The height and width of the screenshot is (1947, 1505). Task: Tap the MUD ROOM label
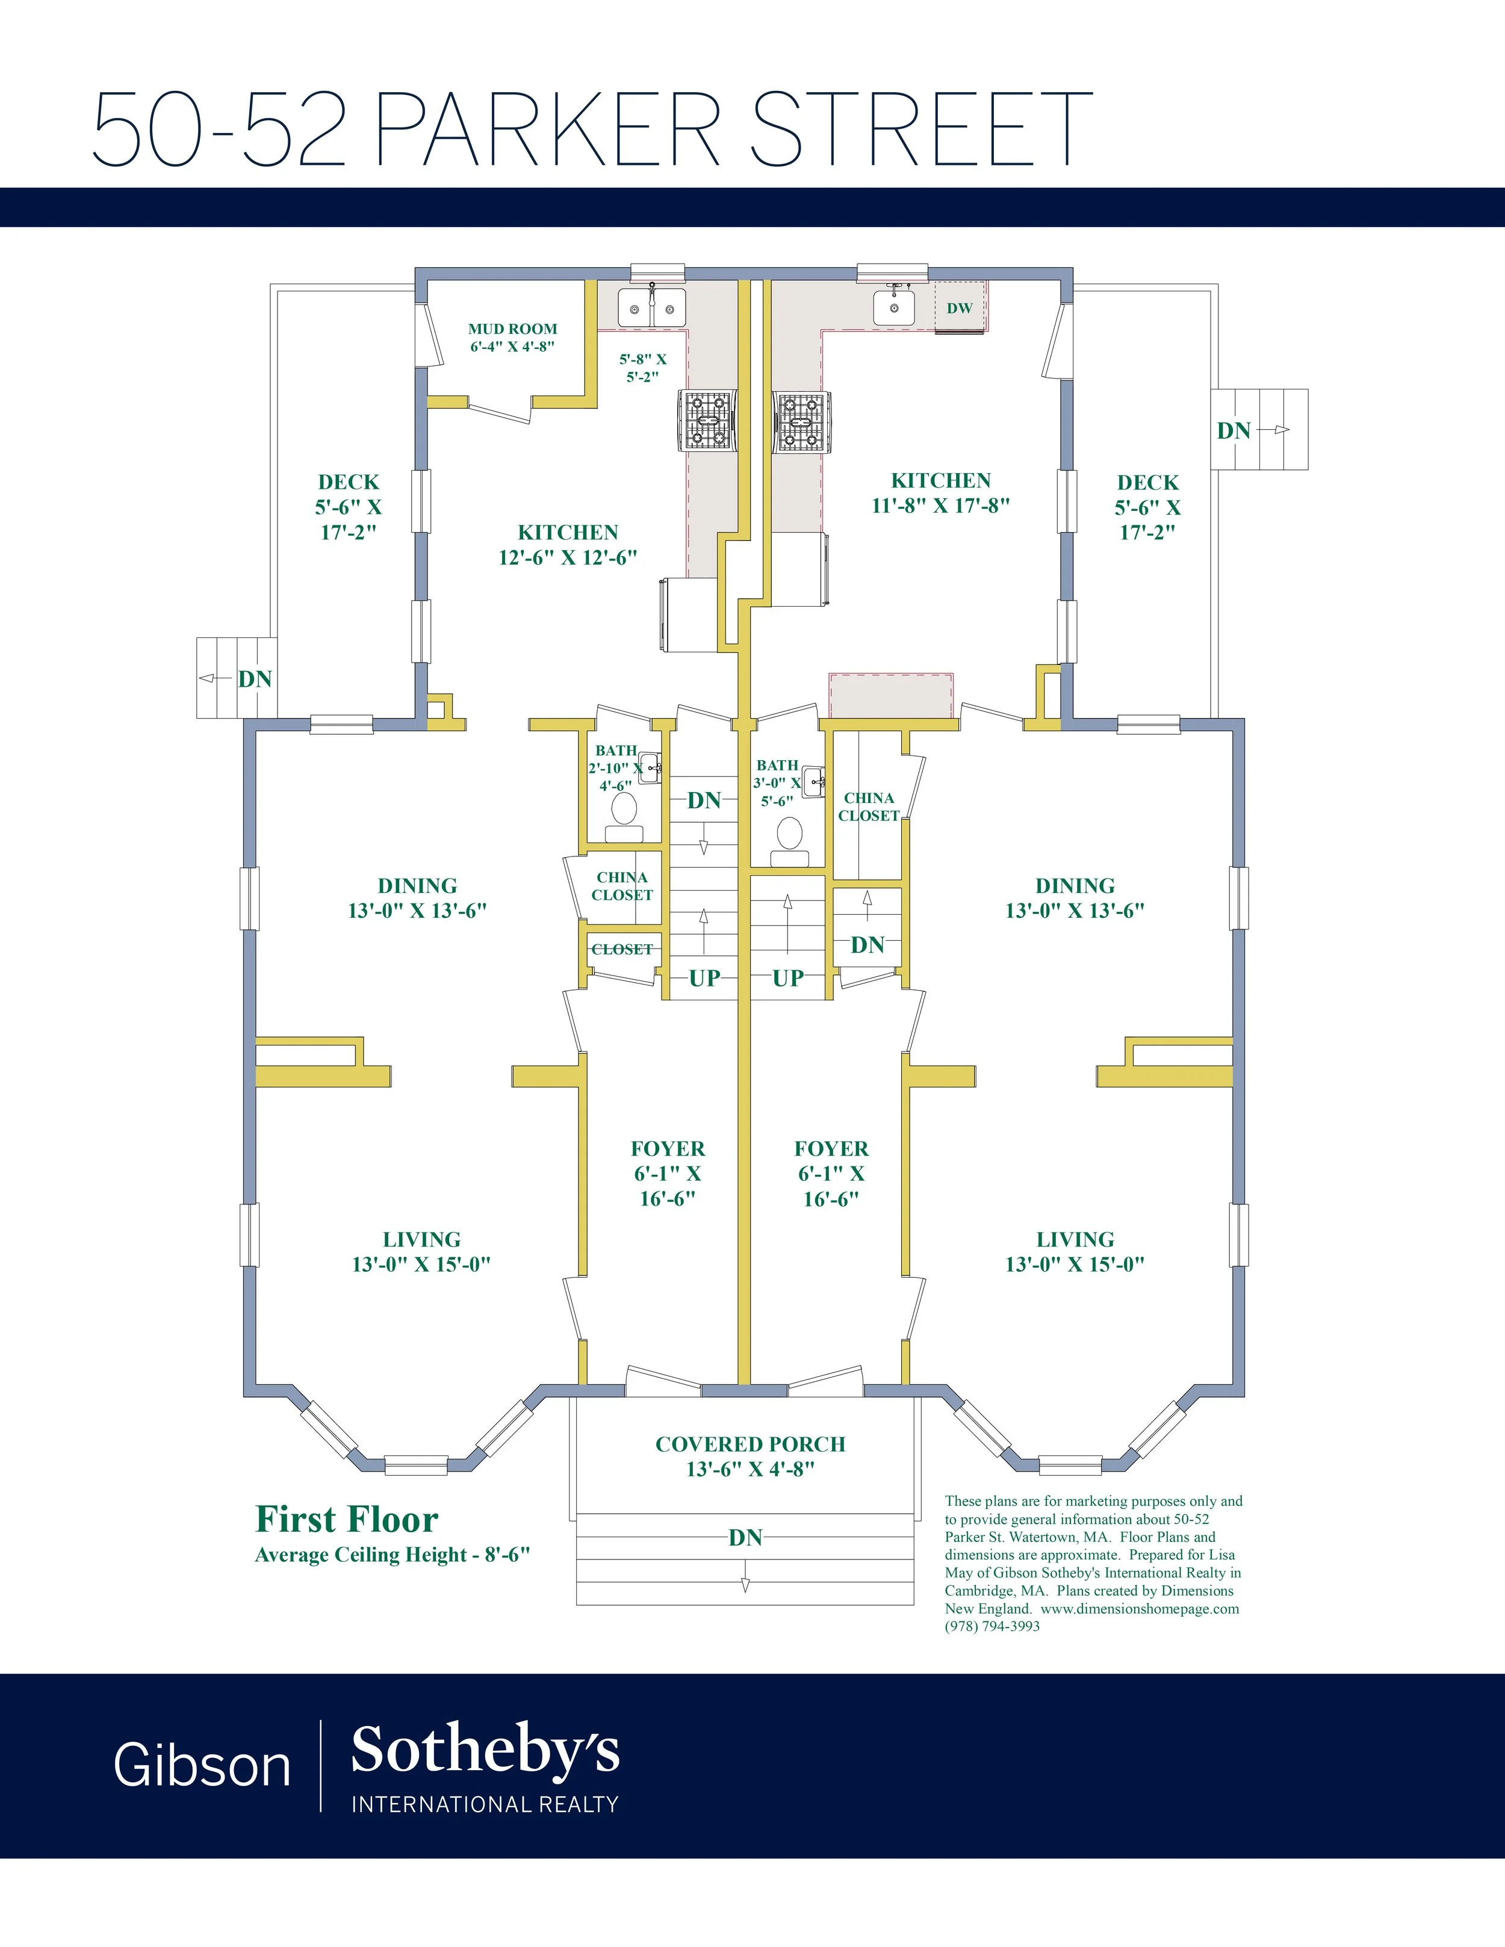pyautogui.click(x=513, y=329)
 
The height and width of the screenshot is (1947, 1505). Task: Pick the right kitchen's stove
pyautogui.click(x=801, y=421)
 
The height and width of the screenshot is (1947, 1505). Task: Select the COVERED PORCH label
pyautogui.click(x=750, y=1444)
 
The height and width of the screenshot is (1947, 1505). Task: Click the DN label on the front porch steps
pyautogui.click(x=745, y=1537)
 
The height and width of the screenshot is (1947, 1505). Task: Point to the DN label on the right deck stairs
pyautogui.click(x=1234, y=430)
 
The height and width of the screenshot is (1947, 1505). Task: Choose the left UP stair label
pyautogui.click(x=704, y=978)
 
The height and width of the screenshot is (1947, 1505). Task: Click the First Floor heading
pyautogui.click(x=347, y=1519)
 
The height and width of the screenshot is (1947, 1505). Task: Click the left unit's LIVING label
pyautogui.click(x=422, y=1239)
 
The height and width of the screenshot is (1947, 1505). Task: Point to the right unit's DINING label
pyautogui.click(x=1075, y=885)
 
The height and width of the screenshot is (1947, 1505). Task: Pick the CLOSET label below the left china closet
pyautogui.click(x=622, y=950)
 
